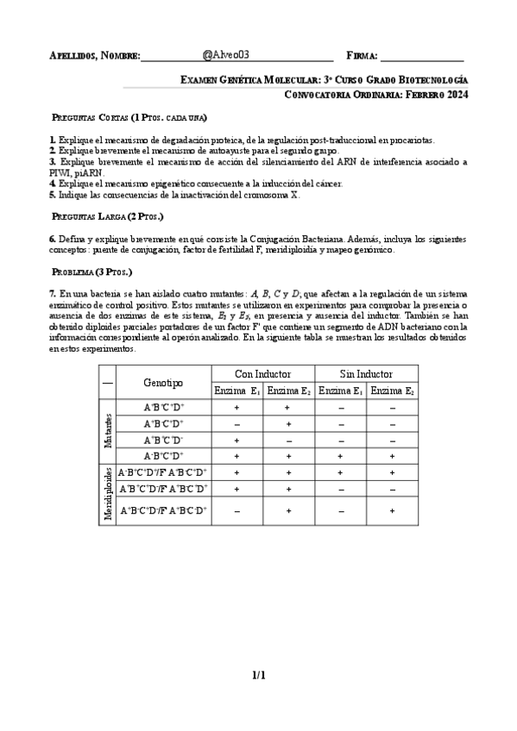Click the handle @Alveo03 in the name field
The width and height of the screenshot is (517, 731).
[225, 54]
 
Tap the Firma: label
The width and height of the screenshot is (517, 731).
[361, 56]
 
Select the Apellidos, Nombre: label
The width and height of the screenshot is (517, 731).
[94, 56]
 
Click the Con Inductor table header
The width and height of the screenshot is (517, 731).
[262, 374]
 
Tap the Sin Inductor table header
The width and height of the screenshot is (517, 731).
[366, 374]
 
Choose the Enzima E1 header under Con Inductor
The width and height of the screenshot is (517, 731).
[236, 391]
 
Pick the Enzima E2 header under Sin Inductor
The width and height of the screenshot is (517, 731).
[392, 391]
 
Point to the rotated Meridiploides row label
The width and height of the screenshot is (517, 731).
[108, 494]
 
